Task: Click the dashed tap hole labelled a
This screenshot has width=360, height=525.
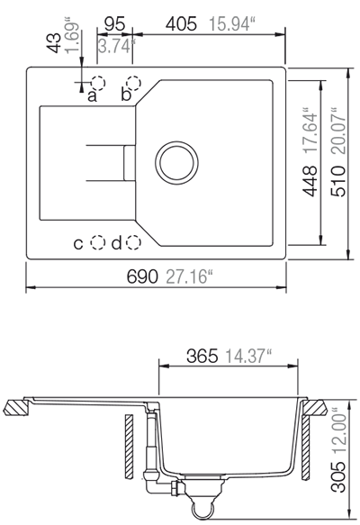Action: click(x=98, y=83)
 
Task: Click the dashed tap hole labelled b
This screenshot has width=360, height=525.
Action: click(x=133, y=83)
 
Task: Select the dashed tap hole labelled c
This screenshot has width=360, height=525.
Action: click(x=98, y=242)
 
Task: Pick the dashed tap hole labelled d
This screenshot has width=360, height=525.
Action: click(x=133, y=242)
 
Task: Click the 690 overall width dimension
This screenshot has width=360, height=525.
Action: click(x=142, y=276)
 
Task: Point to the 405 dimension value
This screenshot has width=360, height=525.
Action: click(x=181, y=24)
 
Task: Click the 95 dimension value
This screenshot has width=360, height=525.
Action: click(x=114, y=24)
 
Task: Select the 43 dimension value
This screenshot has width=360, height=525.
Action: click(x=54, y=43)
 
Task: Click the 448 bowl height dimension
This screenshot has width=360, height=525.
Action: click(x=310, y=181)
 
